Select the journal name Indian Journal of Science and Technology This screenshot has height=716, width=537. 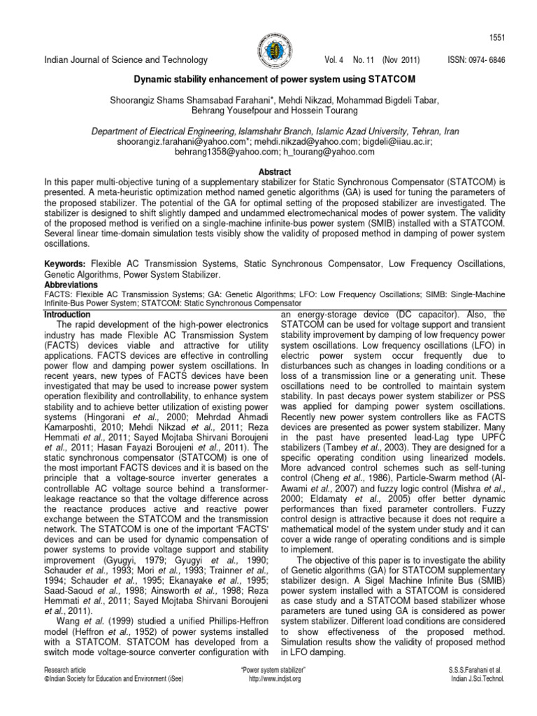[126, 61]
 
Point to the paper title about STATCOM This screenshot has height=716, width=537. [268, 79]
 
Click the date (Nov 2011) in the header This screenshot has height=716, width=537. [403, 61]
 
